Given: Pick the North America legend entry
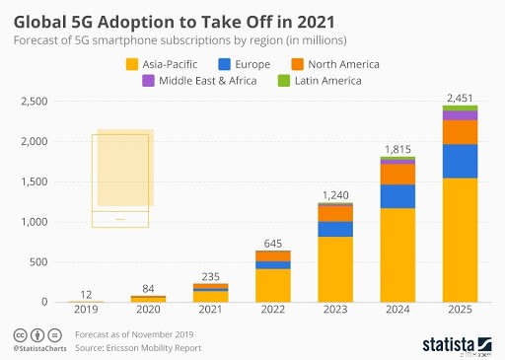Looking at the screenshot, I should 331,64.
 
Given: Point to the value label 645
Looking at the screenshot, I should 273,242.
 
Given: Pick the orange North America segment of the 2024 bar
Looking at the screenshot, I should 397,174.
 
